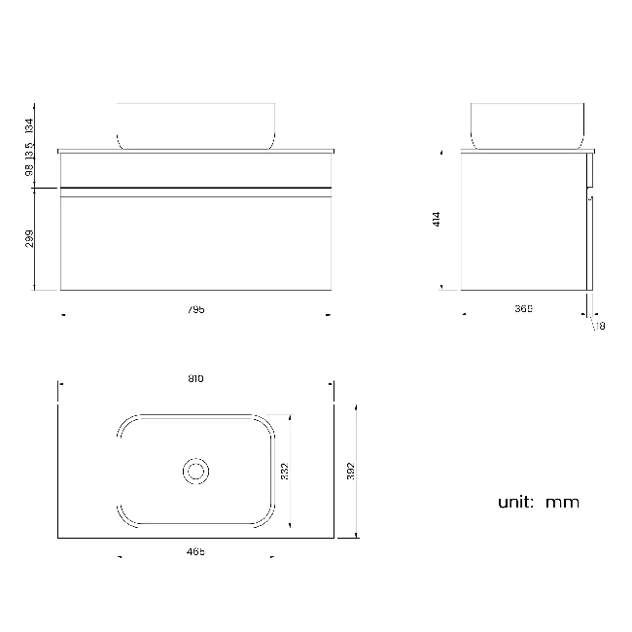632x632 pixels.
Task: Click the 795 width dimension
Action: pos(196,310)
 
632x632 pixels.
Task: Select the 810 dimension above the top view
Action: pos(195,378)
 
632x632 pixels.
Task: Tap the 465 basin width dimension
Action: pos(195,552)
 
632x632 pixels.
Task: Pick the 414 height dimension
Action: pos(438,220)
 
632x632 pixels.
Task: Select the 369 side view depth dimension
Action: pos(523,309)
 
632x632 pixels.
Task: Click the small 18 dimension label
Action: pos(600,327)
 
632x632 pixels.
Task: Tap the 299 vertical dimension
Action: pos(29,239)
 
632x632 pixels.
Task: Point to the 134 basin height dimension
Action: pos(29,124)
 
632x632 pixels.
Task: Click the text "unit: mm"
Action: pos(538,503)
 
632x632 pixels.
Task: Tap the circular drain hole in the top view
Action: pos(195,472)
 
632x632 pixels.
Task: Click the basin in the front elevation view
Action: pos(197,125)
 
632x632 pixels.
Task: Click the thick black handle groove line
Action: pos(195,186)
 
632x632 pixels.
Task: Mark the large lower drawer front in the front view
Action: pos(195,243)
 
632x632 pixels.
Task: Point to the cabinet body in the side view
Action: pos(523,222)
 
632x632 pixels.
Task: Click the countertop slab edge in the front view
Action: pos(195,152)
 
